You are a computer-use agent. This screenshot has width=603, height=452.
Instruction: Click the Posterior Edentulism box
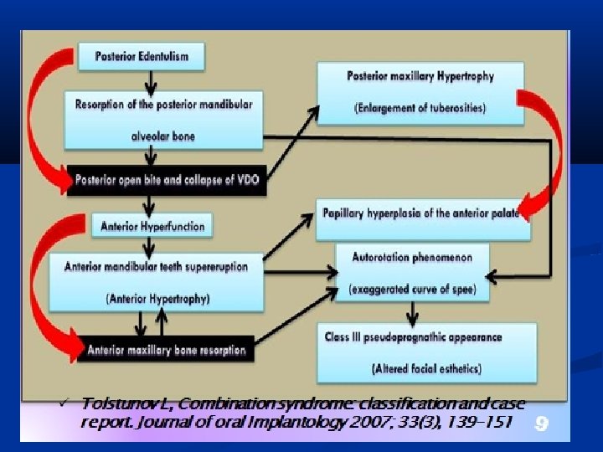pos(141,57)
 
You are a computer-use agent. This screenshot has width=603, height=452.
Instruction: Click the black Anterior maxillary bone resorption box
pos(166,349)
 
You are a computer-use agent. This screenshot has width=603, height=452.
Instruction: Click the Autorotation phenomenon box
pos(412,272)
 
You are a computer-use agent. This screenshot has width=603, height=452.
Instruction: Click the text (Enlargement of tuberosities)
pos(420,106)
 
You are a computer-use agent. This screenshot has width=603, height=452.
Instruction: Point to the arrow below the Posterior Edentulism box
pos(150,80)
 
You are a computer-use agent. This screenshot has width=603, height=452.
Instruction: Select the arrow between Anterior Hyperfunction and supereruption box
pos(150,246)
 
